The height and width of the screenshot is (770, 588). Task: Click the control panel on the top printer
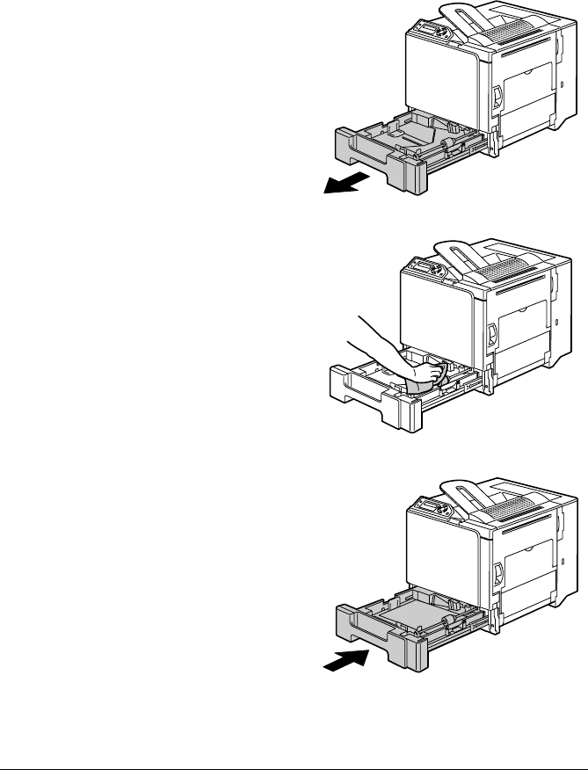[432, 34]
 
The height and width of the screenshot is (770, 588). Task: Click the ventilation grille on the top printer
[505, 34]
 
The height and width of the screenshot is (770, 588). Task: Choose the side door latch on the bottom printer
[495, 576]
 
